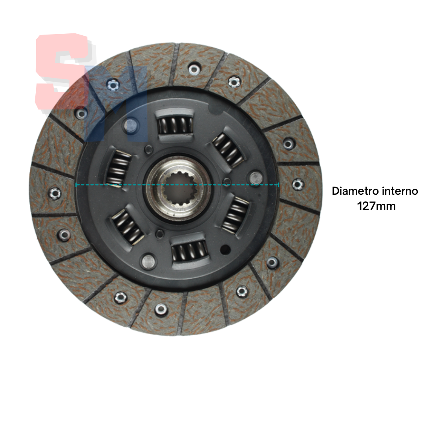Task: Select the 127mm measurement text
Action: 376,206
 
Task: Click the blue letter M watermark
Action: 116,104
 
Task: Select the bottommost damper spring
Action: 190,251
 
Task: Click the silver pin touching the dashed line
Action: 256,178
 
